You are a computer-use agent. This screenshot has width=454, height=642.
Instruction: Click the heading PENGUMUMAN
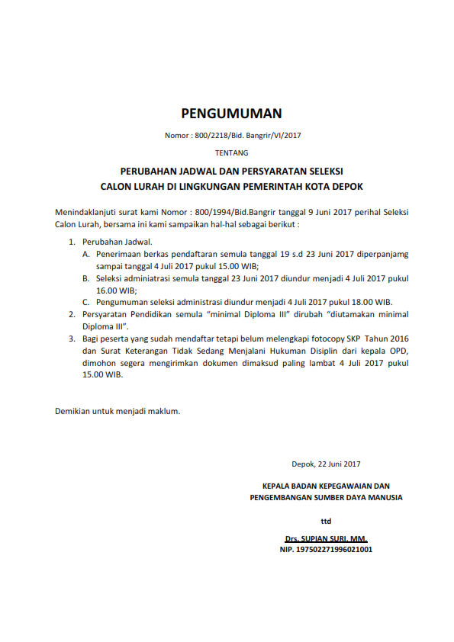tap(231, 114)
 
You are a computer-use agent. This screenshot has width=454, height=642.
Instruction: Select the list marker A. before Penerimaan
tap(87, 253)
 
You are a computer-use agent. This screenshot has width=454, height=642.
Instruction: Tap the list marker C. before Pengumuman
tap(87, 302)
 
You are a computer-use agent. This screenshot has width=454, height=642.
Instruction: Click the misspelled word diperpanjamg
tap(381, 253)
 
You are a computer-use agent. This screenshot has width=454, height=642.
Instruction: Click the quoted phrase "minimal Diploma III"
tap(234, 314)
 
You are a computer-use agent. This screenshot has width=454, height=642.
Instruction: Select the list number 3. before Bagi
tap(72, 339)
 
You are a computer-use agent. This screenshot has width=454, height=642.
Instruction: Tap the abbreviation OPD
tap(400, 351)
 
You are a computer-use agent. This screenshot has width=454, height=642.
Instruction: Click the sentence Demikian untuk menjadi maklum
tap(118, 411)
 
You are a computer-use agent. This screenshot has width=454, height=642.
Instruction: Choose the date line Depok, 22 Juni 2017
tap(326, 463)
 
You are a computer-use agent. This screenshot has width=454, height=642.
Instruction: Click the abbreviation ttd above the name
tap(326, 522)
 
